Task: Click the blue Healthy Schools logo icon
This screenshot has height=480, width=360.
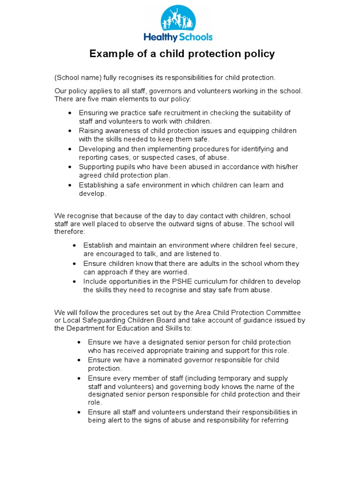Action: point(179,18)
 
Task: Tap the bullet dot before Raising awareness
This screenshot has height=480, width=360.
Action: point(70,131)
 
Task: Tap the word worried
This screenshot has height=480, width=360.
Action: point(175,272)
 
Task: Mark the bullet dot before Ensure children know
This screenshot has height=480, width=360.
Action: point(75,263)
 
